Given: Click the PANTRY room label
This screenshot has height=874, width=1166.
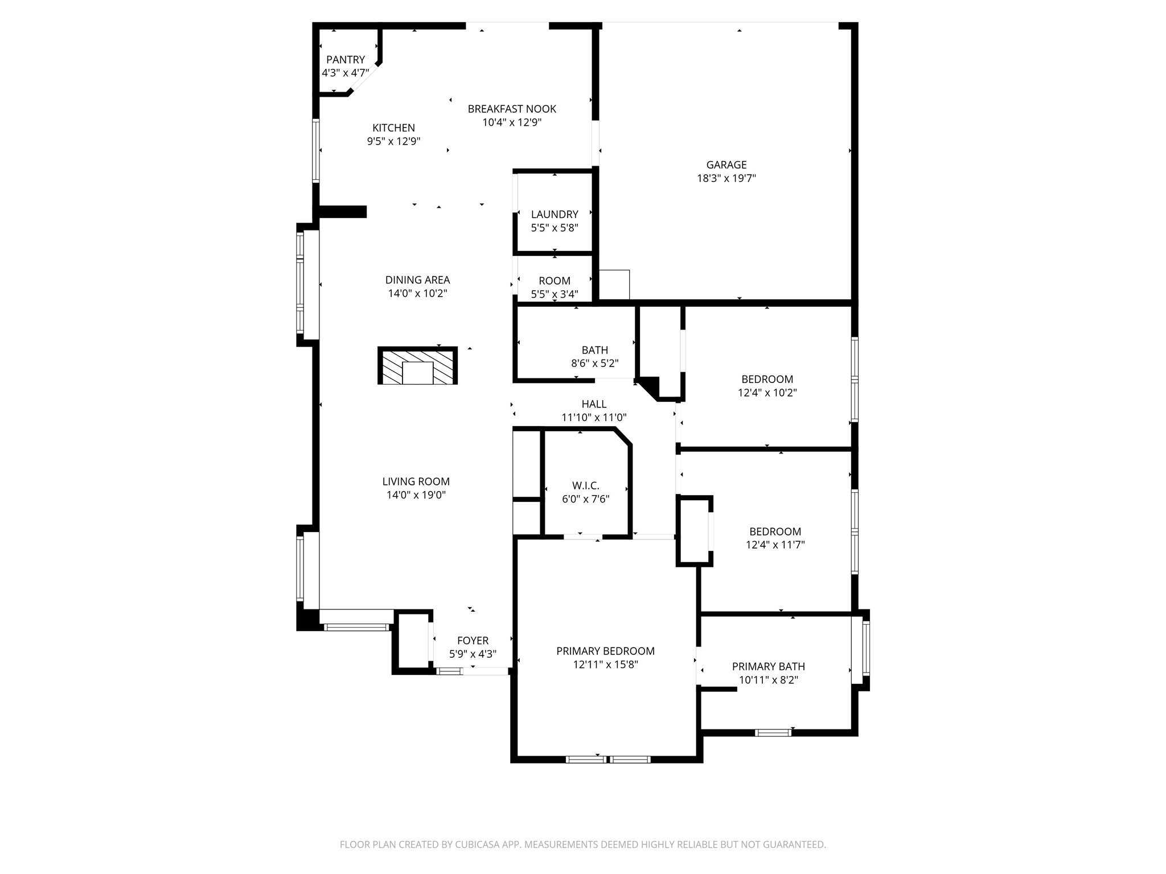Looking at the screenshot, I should [x=345, y=60].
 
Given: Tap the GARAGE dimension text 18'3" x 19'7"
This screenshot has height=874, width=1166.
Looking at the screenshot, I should [x=726, y=178].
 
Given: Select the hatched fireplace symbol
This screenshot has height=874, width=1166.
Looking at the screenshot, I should [x=417, y=366].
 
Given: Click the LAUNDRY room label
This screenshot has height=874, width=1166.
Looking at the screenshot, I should [x=554, y=215].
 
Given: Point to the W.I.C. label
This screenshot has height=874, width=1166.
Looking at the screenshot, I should [x=585, y=485].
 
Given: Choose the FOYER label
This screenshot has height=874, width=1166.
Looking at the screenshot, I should [x=473, y=641].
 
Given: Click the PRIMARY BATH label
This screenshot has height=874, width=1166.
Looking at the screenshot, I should [x=768, y=666].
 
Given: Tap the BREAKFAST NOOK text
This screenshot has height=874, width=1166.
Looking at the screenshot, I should [x=512, y=109].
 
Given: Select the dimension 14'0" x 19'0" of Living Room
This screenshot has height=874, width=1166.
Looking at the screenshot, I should [x=416, y=495].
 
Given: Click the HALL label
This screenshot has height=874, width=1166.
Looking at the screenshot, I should [x=594, y=404].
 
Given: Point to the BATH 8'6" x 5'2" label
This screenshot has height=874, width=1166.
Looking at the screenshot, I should [x=594, y=357].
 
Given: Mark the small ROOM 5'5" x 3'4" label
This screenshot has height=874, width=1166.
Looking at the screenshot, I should [x=554, y=287].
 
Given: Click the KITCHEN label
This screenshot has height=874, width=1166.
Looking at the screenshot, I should [x=393, y=128].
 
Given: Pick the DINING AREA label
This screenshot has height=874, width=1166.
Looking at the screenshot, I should [x=417, y=280].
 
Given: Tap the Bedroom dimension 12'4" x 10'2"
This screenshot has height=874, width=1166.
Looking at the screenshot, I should [x=767, y=393].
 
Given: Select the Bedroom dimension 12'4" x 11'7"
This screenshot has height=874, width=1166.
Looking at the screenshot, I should [x=775, y=545].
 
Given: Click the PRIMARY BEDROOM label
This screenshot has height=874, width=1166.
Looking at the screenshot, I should [x=605, y=651].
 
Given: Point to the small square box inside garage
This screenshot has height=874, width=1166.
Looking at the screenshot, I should [x=614, y=285].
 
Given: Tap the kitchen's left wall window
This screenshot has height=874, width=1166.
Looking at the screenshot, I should [x=315, y=150].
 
